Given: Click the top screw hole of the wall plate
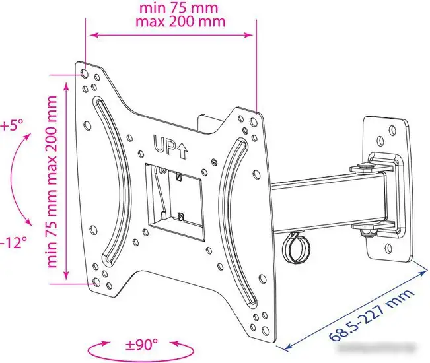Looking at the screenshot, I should click(x=381, y=140).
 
